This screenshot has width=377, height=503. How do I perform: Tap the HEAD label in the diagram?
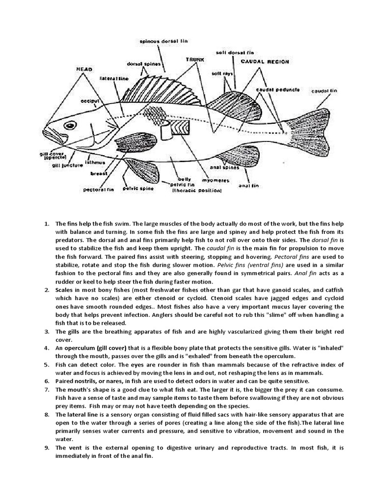pos(84,69)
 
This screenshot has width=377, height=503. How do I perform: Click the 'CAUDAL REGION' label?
pos(265,62)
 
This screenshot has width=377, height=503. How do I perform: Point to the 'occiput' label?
pos(90,101)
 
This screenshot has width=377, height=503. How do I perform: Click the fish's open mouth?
pos(52,135)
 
